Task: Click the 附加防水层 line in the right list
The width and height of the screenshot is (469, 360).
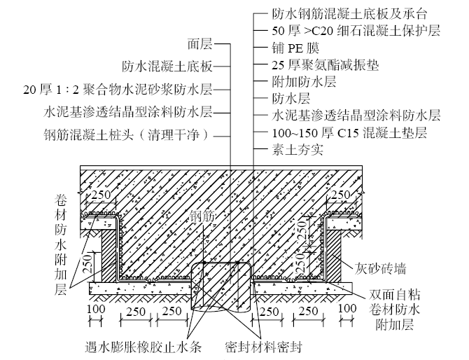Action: pos(304,81)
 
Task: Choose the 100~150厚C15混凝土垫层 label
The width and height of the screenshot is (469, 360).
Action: pos(348,132)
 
